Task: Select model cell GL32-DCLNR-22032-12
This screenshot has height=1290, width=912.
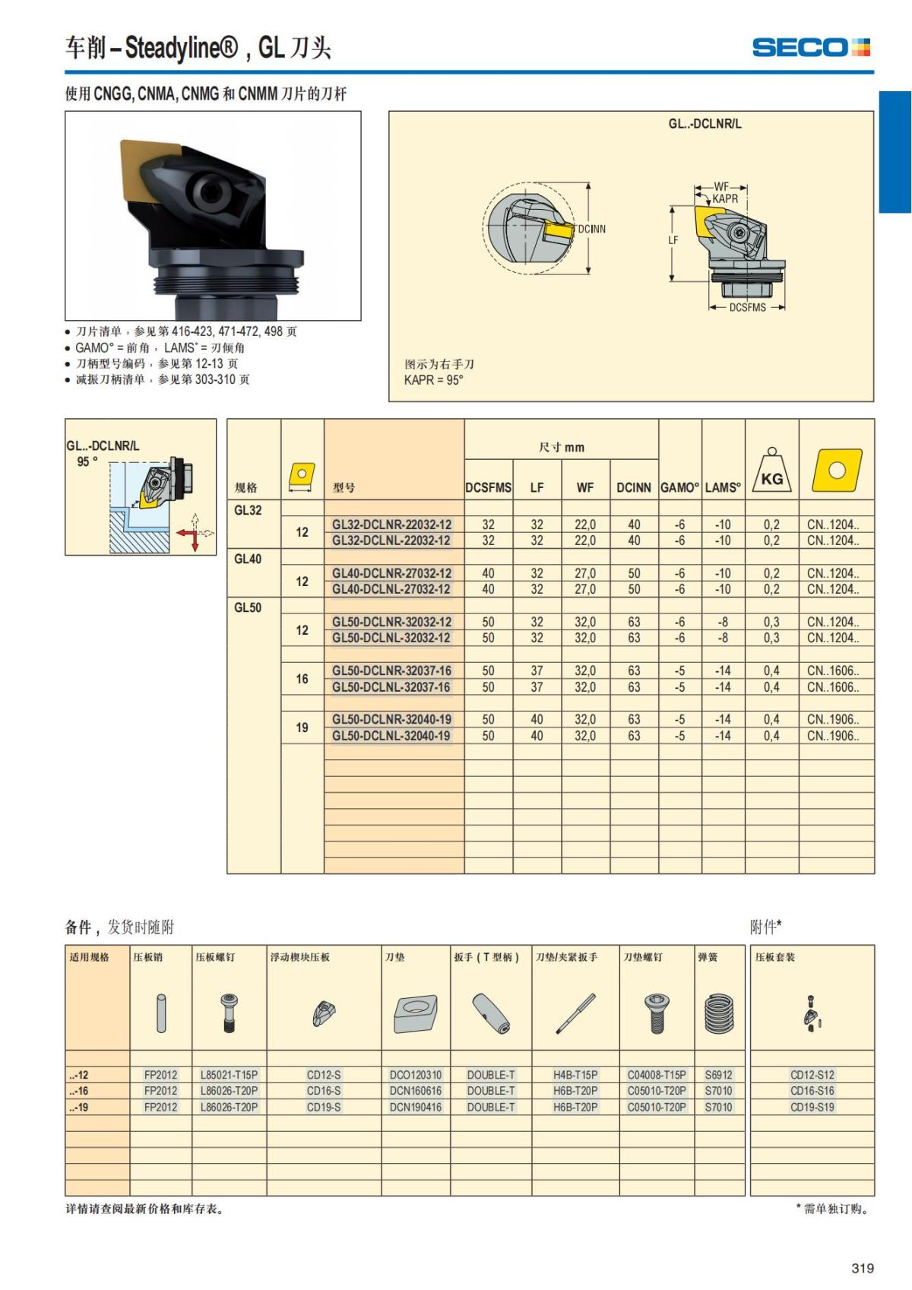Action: click(391, 525)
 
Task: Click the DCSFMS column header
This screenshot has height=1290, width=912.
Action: click(488, 488)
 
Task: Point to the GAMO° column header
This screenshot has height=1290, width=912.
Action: click(679, 488)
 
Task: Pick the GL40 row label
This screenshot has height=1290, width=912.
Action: click(248, 559)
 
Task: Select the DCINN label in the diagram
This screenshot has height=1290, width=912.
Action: click(591, 229)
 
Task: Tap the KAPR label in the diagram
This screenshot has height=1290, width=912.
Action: click(724, 198)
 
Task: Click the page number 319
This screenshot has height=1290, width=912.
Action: click(863, 1268)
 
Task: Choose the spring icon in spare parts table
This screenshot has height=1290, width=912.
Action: click(719, 1013)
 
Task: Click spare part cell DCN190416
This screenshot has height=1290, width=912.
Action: click(416, 1107)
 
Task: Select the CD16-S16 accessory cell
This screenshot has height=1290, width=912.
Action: click(812, 1091)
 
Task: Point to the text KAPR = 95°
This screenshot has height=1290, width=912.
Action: click(433, 380)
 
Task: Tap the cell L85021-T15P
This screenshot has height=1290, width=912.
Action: click(229, 1075)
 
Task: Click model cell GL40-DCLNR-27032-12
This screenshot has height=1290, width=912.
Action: click(391, 573)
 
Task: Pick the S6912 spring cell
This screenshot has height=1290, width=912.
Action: click(718, 1075)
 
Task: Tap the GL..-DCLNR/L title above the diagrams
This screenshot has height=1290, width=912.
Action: click(705, 124)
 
